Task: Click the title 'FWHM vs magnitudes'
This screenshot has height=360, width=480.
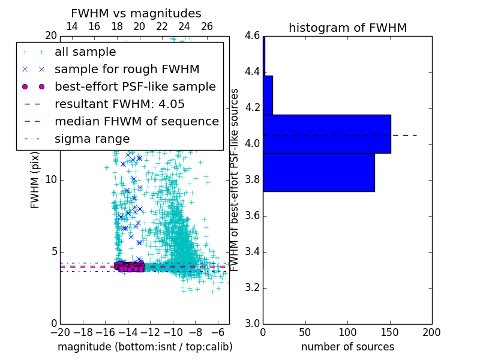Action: (x=136, y=13)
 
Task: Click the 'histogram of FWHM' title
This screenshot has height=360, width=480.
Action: (x=347, y=28)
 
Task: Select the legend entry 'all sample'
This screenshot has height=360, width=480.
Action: (x=85, y=52)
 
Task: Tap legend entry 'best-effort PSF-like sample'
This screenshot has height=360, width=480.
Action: (x=135, y=86)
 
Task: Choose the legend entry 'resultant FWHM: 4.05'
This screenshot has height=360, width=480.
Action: (x=119, y=104)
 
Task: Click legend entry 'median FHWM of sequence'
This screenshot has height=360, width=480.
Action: (x=136, y=121)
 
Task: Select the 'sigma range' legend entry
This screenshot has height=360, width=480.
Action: (x=92, y=139)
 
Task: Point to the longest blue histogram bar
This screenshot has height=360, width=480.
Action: (x=326, y=134)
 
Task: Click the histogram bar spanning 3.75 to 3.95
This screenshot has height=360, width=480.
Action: (x=319, y=172)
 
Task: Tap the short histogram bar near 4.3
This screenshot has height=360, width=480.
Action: (x=268, y=95)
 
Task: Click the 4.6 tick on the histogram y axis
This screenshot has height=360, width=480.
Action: (x=251, y=36)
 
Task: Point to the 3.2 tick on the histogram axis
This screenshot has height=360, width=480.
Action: (x=251, y=288)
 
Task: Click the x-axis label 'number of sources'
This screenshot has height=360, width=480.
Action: (x=347, y=347)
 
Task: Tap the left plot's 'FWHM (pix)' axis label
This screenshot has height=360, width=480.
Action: (x=35, y=180)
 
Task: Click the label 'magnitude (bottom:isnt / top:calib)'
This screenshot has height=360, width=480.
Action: (x=145, y=347)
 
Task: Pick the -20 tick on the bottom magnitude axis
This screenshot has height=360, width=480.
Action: (x=60, y=332)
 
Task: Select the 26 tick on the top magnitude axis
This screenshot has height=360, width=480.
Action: (x=207, y=27)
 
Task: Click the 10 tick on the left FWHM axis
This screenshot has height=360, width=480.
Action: (x=50, y=180)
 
